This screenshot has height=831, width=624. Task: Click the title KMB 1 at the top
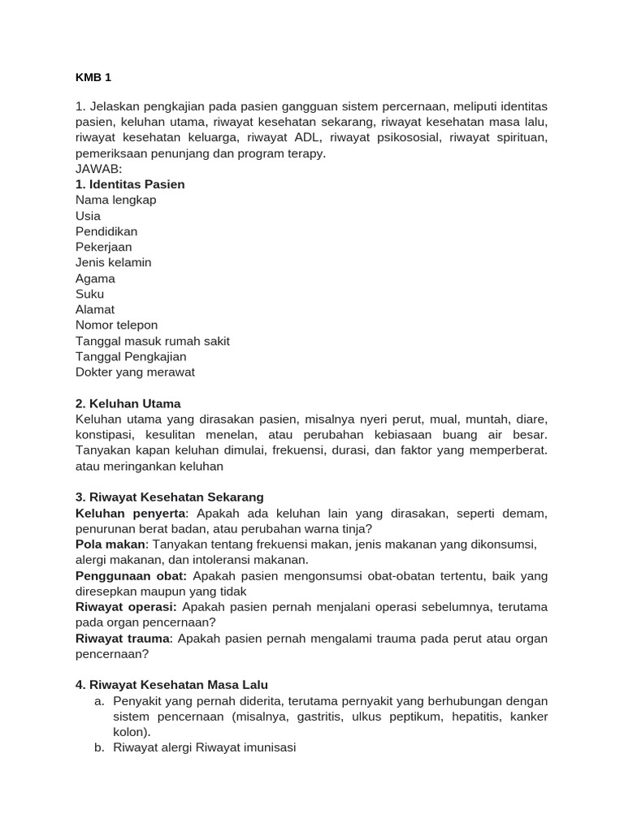coord(93,77)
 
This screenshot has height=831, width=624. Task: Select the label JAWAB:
coord(98,169)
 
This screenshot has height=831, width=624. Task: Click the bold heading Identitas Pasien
coord(130,184)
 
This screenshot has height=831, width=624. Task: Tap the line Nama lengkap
coord(115,200)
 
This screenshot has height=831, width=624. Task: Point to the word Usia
coord(88,216)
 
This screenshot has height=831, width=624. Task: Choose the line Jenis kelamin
coord(113,262)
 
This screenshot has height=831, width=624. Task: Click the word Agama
coord(95,278)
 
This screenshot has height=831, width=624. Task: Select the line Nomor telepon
coord(116,325)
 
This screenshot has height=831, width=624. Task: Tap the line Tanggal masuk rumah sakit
coord(152,341)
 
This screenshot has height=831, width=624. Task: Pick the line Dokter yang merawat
coord(135,372)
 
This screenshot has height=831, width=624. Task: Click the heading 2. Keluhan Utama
coord(128,403)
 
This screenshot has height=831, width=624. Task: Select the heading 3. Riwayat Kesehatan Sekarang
coord(169,497)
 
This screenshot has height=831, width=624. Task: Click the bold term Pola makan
coord(110,544)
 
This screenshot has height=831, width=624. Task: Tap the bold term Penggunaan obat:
coord(131,575)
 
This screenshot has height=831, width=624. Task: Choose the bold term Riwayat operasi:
coord(126,606)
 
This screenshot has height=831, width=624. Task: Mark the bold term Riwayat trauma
coord(123,638)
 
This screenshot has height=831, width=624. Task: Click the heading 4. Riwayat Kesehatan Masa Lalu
coord(171,684)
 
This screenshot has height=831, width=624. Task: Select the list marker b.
coord(99,747)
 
